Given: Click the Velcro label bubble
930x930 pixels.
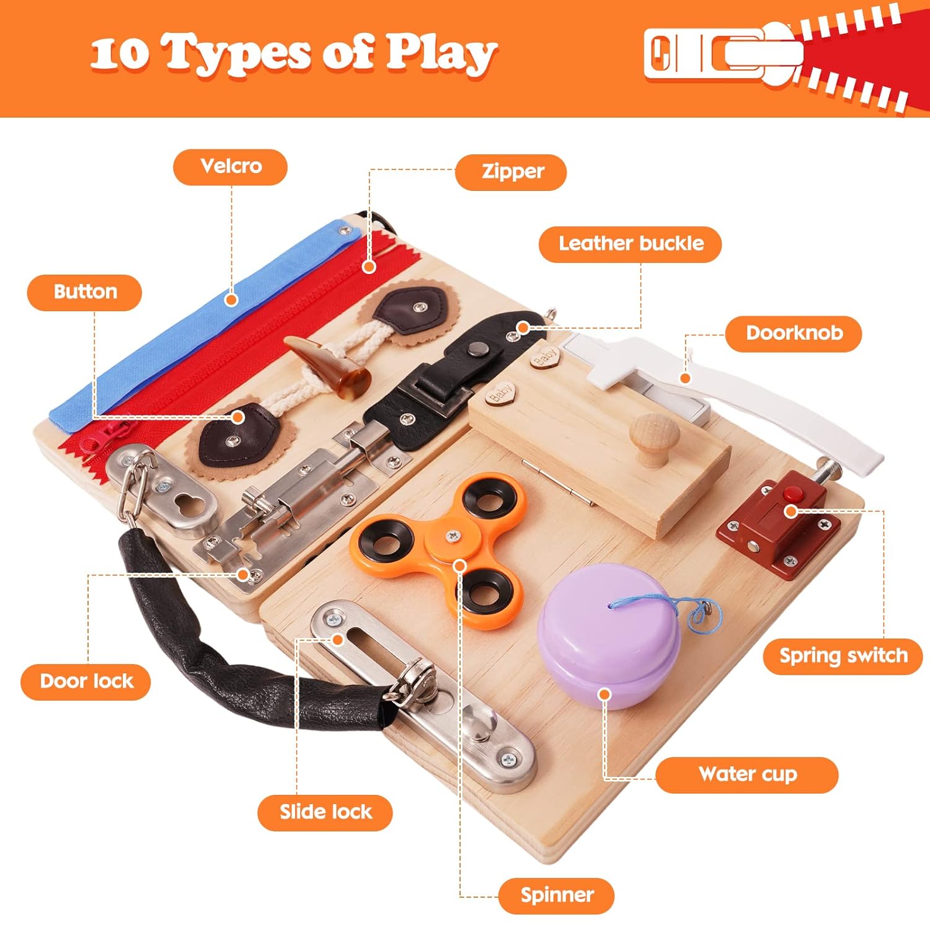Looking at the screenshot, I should [x=231, y=167].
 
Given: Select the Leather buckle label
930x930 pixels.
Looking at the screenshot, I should [x=630, y=244].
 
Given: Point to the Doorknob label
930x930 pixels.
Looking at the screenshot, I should [x=793, y=334].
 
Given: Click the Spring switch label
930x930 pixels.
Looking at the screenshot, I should [x=843, y=656].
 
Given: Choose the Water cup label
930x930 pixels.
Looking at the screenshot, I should [x=746, y=774].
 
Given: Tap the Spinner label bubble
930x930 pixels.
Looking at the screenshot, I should [x=556, y=895].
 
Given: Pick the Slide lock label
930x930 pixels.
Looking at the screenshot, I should [x=325, y=812].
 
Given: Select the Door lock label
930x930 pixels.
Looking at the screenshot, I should [x=86, y=681].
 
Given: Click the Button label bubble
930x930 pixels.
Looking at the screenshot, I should [x=85, y=292].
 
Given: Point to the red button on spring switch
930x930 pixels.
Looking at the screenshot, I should [x=792, y=495].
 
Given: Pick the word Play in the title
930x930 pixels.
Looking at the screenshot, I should [x=441, y=53].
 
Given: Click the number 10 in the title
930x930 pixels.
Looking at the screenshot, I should [x=119, y=55].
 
